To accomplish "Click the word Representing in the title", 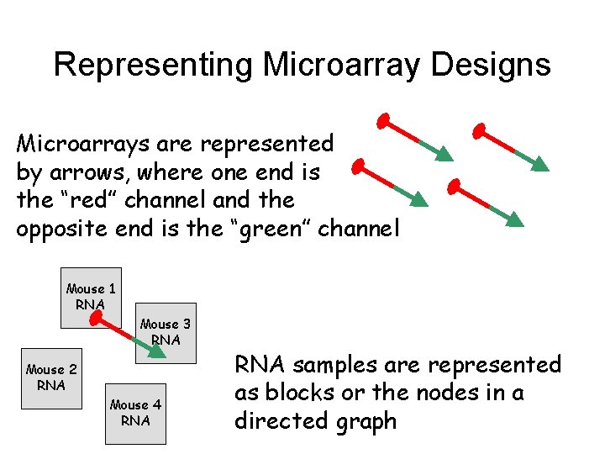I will (x=151, y=65).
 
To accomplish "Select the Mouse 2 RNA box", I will (x=51, y=377).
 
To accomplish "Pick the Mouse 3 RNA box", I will (x=166, y=332).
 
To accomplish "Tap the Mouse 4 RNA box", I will (x=135, y=412).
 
